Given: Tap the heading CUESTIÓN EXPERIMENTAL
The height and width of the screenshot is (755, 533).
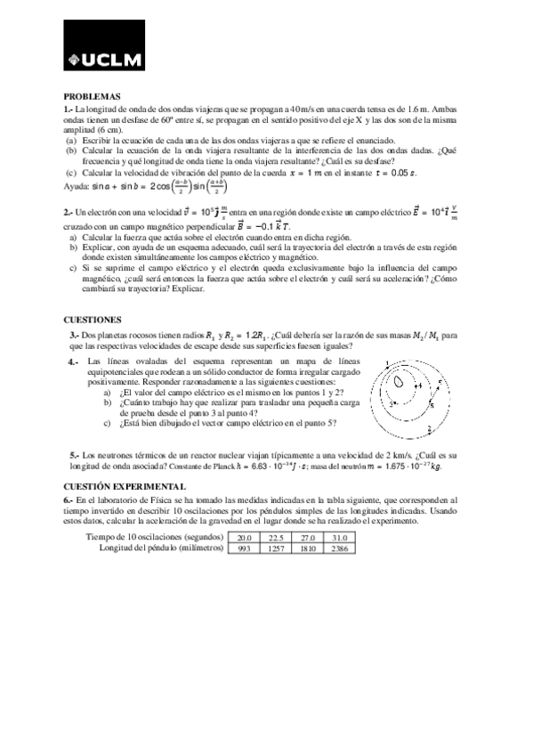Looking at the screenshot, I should click(x=125, y=486).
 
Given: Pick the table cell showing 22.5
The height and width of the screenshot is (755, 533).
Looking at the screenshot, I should click(x=276, y=538).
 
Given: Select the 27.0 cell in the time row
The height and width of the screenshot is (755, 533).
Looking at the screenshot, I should click(x=308, y=538).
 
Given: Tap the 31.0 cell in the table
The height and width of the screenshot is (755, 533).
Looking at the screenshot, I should click(x=339, y=538).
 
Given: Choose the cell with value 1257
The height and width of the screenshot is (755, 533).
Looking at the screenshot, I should click(x=276, y=548).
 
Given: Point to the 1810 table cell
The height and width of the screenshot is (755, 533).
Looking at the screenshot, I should click(x=308, y=548).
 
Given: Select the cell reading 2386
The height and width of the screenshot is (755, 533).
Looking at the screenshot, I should click(x=339, y=548).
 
